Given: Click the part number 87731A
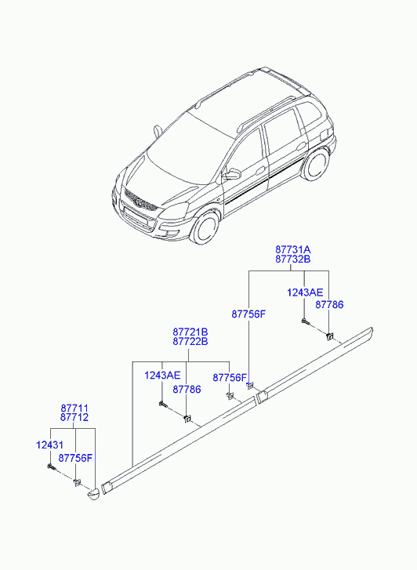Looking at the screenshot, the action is click(x=292, y=250).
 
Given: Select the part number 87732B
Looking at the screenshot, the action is click(x=292, y=260).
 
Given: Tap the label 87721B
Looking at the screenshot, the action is click(x=190, y=332).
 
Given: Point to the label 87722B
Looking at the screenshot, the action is click(x=190, y=341).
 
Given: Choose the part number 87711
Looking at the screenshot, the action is click(x=74, y=408).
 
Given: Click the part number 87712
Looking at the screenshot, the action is click(x=74, y=417).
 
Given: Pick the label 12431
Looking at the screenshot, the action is click(x=50, y=445).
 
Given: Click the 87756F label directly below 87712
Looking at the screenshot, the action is click(x=75, y=459).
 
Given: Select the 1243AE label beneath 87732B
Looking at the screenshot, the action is click(x=305, y=292).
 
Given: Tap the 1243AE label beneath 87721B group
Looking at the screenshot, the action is click(x=162, y=375).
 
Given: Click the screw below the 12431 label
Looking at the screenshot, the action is click(x=50, y=467).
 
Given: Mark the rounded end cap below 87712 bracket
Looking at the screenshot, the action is click(x=92, y=495).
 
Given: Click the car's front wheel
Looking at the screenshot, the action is click(x=205, y=227).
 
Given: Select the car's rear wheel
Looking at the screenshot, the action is click(x=315, y=165).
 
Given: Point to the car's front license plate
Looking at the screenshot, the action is click(x=135, y=216).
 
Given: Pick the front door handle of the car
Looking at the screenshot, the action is click(x=260, y=170).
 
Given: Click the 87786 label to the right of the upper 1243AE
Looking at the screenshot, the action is click(x=329, y=305).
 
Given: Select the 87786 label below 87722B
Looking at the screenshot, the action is click(x=187, y=390).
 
